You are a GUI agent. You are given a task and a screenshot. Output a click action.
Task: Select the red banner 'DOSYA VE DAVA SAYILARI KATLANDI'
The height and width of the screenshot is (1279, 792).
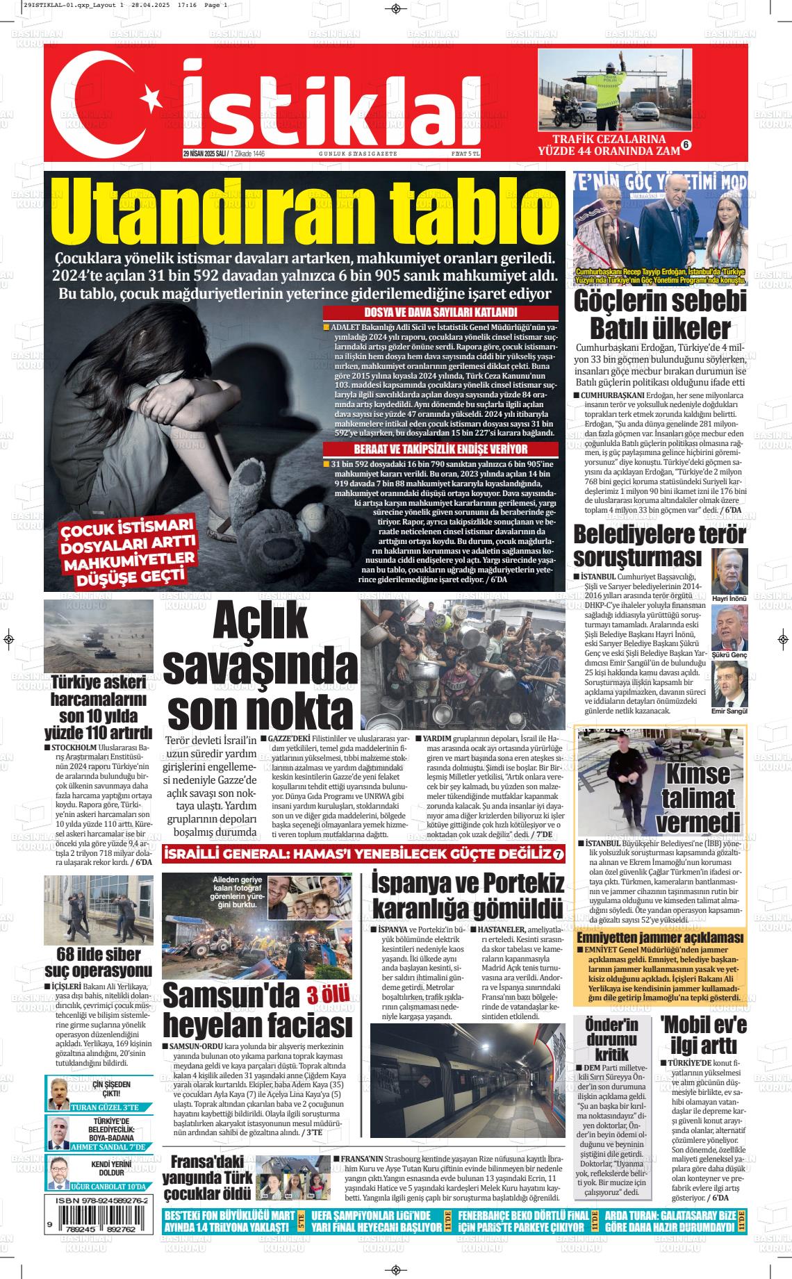pyautogui.click(x=440, y=313)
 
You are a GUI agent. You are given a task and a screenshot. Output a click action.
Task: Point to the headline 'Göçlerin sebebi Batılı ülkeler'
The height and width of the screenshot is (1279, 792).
pyautogui.click(x=659, y=315)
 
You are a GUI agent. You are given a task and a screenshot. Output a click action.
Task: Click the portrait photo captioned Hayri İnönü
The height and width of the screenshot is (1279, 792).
pyautogui.click(x=729, y=570)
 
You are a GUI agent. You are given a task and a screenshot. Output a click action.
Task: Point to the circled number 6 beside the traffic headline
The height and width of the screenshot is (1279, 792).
pyautogui.click(x=685, y=145)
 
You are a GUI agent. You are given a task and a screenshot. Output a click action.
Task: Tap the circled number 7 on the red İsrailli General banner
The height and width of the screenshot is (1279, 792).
pyautogui.click(x=558, y=854)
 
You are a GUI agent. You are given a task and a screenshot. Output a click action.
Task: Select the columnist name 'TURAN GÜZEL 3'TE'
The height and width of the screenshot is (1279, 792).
pyautogui.click(x=105, y=1107)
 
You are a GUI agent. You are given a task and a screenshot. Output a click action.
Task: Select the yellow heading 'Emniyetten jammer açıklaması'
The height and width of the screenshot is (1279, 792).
pyautogui.click(x=660, y=938)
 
